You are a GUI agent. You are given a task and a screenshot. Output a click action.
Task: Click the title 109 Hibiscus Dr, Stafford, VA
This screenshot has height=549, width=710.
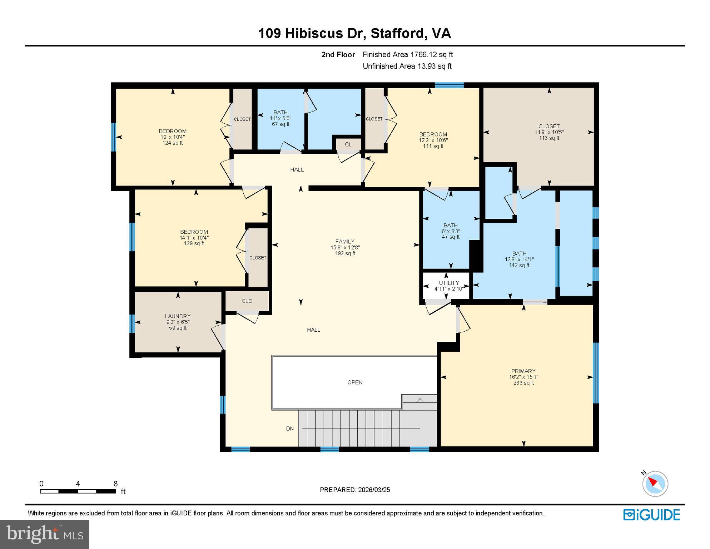354,34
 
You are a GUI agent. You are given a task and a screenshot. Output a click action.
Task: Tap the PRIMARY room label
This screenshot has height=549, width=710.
523,371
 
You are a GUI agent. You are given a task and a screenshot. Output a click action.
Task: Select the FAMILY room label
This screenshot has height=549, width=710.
345,242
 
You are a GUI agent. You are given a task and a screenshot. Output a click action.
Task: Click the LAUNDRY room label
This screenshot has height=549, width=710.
178,316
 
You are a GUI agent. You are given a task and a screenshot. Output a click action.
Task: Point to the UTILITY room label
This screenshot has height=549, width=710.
449,283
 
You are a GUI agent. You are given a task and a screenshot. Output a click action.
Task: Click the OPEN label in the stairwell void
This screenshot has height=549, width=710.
355,382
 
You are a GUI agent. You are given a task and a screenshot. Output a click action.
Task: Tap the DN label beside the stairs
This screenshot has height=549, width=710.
290,429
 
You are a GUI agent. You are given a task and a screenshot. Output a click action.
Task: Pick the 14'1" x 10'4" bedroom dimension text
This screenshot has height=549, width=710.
194,238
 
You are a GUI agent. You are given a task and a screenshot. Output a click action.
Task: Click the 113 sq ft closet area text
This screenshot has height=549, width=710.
549,138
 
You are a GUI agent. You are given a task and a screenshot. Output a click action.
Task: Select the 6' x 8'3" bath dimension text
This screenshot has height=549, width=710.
451,231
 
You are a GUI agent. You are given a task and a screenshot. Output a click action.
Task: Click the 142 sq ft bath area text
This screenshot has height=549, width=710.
519,265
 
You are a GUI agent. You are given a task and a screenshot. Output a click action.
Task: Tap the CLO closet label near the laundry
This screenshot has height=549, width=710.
247,301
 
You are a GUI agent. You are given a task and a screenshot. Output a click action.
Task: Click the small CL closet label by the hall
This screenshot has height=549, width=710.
348,144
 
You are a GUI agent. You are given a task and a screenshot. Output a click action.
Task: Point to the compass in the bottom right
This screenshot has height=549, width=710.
655,484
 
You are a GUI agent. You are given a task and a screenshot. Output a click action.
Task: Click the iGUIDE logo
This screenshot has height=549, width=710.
651,515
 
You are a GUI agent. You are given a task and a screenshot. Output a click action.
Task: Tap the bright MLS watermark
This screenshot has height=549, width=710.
45,534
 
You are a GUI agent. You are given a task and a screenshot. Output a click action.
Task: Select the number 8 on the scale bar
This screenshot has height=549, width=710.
115,484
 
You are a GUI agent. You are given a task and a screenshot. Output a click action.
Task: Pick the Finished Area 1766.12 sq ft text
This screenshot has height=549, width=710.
408,55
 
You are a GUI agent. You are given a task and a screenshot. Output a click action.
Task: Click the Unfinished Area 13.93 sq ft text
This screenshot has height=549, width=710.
407,66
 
